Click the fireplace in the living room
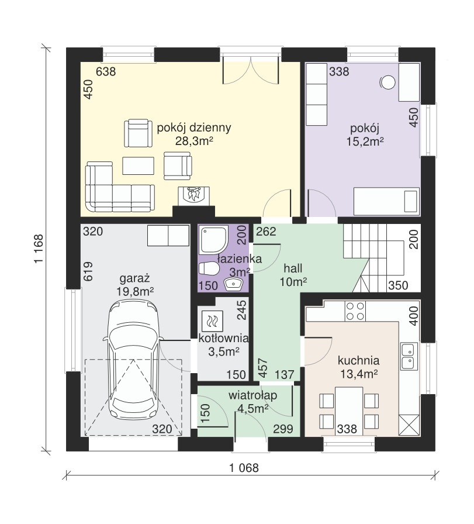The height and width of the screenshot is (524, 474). pos(193,196)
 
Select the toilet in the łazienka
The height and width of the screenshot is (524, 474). pos(209,268)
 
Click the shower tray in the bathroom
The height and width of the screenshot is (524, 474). pos(213,239)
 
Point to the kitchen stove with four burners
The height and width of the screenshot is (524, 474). pos(355,311)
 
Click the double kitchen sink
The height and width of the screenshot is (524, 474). pos(409,356)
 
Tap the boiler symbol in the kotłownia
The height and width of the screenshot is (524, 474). pos(212,322)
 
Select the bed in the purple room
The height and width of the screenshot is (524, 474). pos(386,201)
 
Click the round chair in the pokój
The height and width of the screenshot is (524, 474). pos(387,82)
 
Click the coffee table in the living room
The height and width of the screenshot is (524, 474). pos(139,166)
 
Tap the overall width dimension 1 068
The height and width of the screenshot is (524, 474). pos(244,468)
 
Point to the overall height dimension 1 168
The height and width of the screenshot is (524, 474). pos(39,249)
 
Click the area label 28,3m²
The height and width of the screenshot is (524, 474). pos(194,142)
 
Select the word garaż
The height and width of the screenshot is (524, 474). pos(134,278)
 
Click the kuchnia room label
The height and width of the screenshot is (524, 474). pos(358,361)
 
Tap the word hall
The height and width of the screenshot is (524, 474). pos(293,268)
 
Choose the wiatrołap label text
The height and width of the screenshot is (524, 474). pos(253,396)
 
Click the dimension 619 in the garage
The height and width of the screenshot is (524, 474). pos(88,271)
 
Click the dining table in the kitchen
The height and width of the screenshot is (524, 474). pos(349,411)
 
